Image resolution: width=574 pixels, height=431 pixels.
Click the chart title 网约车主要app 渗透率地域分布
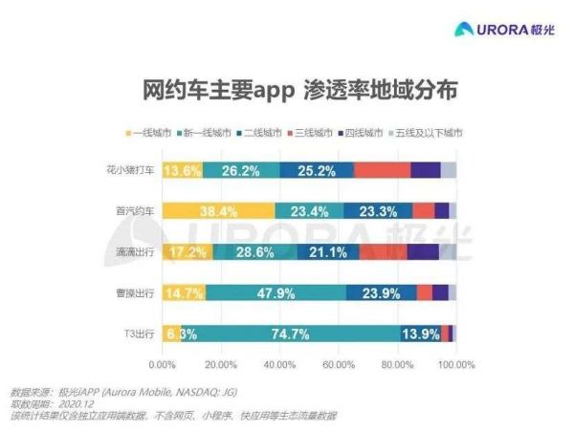(x=286, y=92)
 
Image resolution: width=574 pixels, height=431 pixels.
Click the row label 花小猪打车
(x=131, y=170)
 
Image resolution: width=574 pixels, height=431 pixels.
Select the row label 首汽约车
(x=136, y=210)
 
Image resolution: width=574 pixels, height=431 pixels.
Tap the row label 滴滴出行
(x=136, y=251)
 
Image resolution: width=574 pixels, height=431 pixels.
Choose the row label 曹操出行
(x=136, y=291)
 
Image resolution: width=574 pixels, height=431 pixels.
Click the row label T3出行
(x=140, y=333)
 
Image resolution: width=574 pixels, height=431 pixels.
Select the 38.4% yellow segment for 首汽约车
(x=218, y=211)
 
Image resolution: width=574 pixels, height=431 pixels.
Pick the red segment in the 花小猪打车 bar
(x=382, y=170)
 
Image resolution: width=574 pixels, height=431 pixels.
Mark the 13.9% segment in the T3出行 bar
(x=421, y=334)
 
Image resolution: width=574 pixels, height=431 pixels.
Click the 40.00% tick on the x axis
(x=279, y=363)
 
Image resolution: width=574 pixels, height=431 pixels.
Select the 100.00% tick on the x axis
(x=456, y=363)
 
